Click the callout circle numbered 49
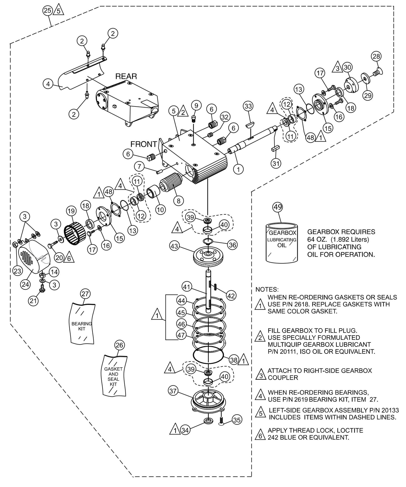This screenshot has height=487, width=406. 278,207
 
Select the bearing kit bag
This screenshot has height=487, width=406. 82,323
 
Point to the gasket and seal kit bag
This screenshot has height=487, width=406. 114,376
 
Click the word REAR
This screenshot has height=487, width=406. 126,76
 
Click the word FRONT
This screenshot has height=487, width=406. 144,144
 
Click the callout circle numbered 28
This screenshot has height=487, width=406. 376,56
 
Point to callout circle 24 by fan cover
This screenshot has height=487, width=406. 26,284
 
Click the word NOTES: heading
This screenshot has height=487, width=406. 267,289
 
